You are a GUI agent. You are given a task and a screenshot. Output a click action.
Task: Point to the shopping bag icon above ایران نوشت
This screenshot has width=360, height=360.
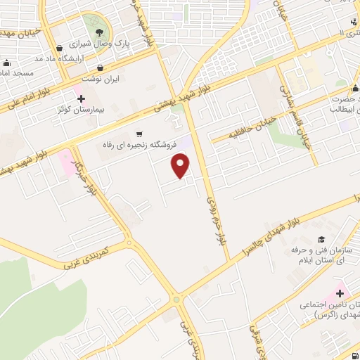point(103,68)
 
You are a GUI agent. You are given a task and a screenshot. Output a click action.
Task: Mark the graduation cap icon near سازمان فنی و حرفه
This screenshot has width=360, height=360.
point(321,239)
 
